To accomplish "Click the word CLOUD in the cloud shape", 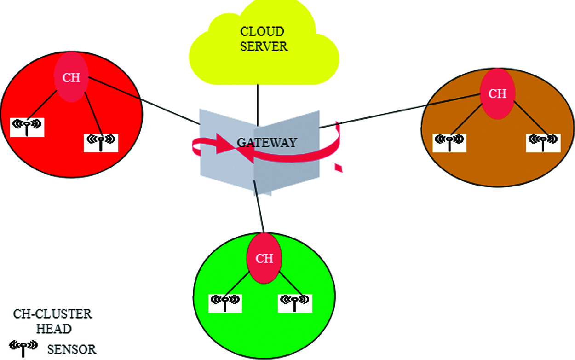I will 262,32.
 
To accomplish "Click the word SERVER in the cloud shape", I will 264,46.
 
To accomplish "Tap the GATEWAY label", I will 267,143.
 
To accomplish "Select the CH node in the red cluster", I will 71,77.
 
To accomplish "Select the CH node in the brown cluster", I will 497,94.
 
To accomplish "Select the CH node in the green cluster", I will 264,258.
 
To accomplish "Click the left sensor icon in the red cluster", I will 27,127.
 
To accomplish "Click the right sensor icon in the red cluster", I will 101,142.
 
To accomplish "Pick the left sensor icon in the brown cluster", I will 449,142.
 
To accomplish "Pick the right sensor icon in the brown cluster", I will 543,142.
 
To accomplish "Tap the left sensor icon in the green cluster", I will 225,302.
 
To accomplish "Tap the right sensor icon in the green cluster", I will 295,302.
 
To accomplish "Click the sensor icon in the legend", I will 23,348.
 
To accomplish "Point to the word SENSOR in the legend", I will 72,349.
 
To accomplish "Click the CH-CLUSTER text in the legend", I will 52,314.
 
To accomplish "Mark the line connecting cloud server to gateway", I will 258,104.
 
